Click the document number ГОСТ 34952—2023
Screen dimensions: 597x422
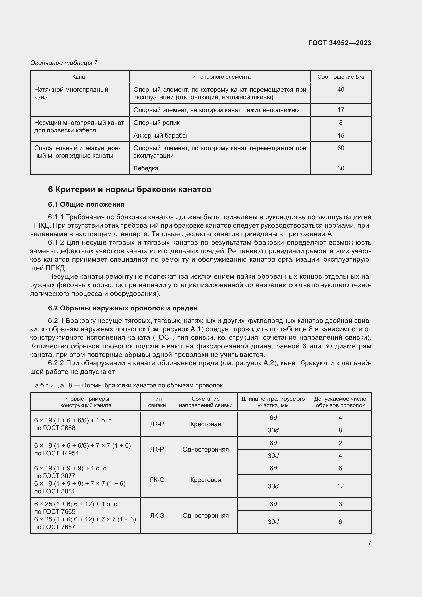point(340,43)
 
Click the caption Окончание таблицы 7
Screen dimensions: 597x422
point(64,63)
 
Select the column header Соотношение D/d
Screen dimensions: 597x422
point(341,77)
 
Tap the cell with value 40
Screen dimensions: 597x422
point(340,90)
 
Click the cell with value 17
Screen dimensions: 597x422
point(340,110)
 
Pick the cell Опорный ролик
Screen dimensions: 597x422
point(156,123)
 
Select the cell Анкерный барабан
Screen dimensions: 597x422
point(161,136)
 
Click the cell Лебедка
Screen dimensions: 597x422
point(146,168)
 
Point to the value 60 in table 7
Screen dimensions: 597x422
point(340,148)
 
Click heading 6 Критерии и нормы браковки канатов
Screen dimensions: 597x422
point(130,190)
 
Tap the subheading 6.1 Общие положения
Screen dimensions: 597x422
point(86,204)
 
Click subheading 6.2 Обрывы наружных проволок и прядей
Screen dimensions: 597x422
point(123,308)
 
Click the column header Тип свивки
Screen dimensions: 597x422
point(157,402)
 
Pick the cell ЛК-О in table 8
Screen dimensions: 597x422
point(157,480)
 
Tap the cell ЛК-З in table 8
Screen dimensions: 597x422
point(157,515)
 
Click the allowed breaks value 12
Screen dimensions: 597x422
point(340,486)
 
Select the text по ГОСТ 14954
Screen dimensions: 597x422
point(56,453)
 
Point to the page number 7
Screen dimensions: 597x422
point(369,543)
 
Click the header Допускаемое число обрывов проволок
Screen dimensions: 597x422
point(340,402)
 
